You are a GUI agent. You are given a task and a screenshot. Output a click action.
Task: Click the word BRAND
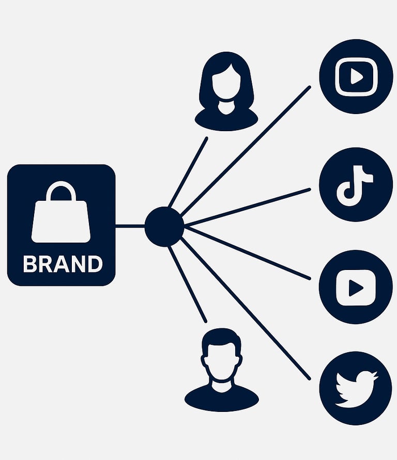(63, 264)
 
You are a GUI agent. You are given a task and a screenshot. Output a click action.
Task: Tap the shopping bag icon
(61, 217)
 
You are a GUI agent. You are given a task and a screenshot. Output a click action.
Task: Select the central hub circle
(164, 226)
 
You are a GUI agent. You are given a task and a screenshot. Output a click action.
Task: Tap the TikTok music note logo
(355, 184)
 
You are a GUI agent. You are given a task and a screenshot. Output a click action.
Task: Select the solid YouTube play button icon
(356, 287)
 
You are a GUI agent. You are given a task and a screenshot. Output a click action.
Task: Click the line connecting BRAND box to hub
(130, 226)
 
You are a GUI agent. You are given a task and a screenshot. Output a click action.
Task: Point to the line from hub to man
(188, 284)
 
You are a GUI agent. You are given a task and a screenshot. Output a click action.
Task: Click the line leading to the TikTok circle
(248, 207)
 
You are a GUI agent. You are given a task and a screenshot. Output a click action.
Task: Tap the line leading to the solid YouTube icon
(248, 252)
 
